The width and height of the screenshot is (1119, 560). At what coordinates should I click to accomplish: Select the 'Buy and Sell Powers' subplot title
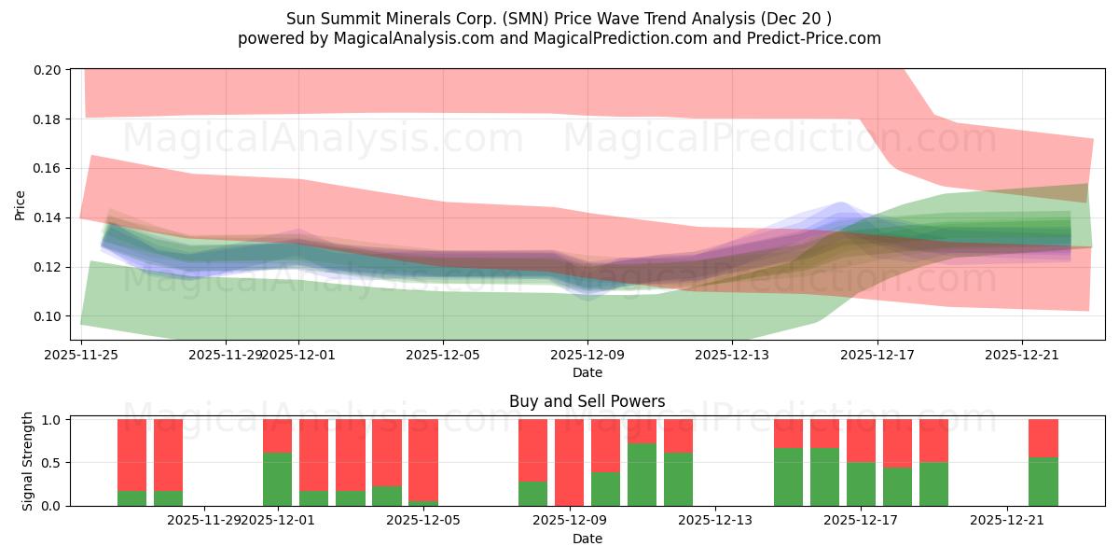(587, 401)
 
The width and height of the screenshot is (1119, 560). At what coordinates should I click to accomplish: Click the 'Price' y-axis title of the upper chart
(20, 204)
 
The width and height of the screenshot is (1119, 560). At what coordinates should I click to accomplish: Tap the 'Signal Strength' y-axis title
(28, 461)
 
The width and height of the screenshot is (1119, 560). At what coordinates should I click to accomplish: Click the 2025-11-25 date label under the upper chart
(82, 354)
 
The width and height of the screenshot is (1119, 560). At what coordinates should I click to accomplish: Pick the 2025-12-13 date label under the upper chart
(732, 354)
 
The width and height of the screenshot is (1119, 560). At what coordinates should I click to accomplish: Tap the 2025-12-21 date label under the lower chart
(1007, 519)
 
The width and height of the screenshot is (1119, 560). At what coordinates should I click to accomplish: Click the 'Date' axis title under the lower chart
(587, 539)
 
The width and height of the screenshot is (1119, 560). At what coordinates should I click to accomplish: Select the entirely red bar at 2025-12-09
(569, 462)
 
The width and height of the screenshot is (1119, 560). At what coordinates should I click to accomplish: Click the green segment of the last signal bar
(1043, 482)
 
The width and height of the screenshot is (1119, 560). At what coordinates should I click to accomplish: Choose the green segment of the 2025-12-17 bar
(861, 483)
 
